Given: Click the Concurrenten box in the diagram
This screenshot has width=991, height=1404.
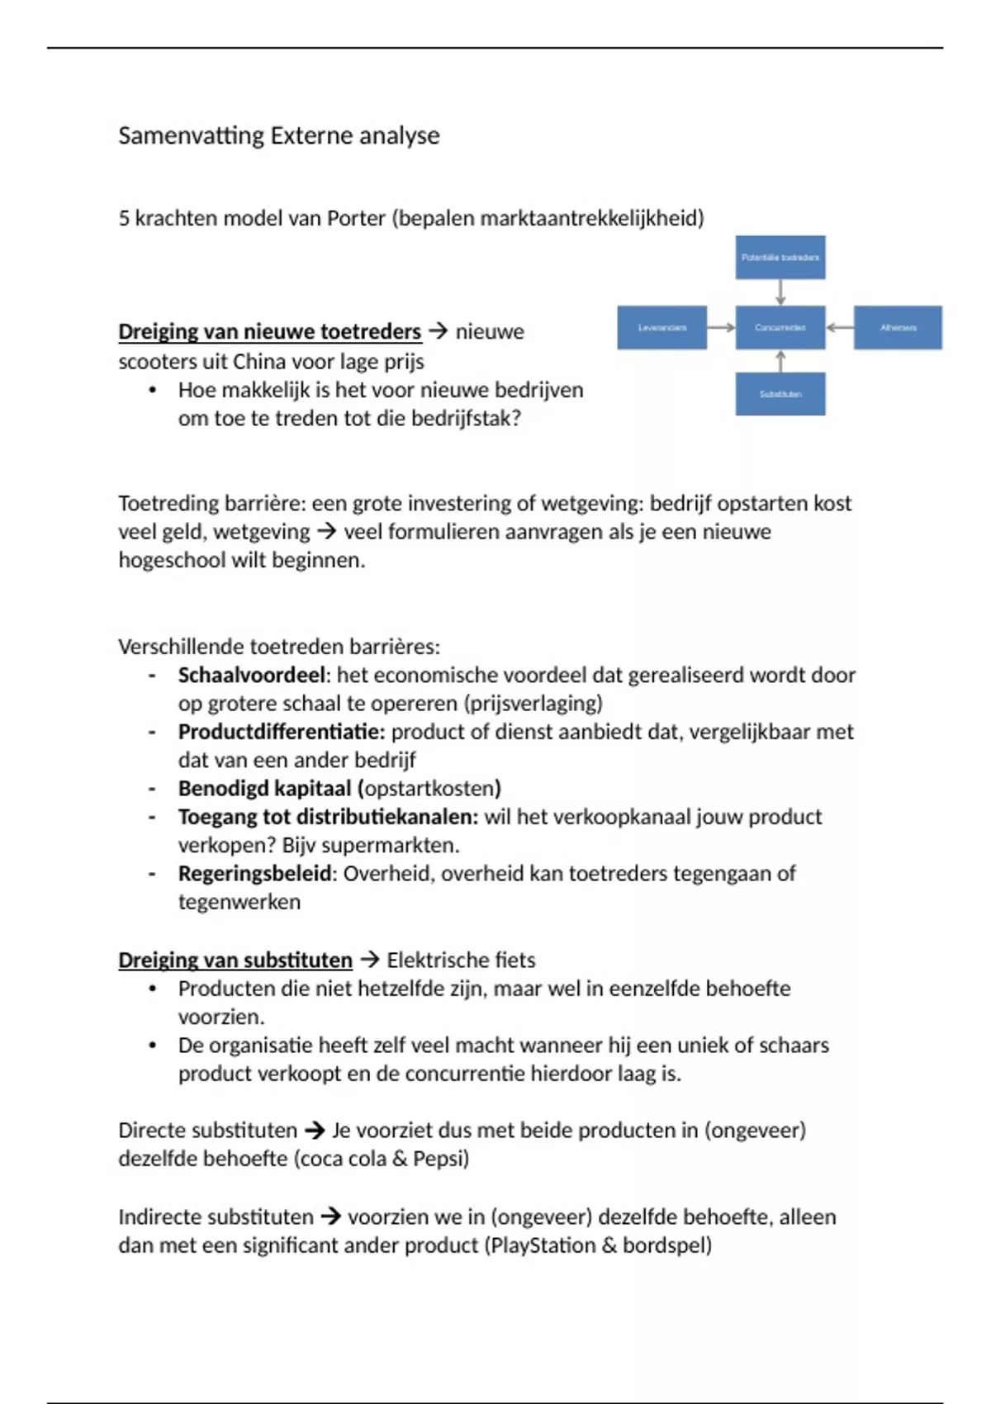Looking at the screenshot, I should point(780,328).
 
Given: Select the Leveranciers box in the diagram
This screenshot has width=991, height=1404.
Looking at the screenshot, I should point(661,328).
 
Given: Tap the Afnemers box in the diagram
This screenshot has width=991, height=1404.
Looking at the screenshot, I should point(898,328).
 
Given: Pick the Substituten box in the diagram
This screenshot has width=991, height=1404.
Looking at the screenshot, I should point(780,394).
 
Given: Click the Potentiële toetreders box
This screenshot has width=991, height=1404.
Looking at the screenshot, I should point(780,258).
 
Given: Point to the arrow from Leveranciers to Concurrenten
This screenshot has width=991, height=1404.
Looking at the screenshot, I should point(721,328).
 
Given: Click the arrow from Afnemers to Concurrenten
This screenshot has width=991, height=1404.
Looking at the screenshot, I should point(839,328).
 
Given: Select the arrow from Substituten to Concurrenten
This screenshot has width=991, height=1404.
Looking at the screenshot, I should point(780,361).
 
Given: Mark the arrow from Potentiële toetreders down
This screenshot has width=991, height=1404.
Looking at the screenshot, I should point(780,292).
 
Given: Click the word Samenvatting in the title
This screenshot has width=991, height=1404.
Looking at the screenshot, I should point(191,135).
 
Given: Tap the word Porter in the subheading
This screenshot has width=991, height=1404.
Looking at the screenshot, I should point(356,218).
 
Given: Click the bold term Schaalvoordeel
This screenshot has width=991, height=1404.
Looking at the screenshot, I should point(251,676).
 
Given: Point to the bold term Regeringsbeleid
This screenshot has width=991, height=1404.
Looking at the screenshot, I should point(255,874).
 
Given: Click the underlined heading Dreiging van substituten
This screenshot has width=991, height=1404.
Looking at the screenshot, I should point(235,961).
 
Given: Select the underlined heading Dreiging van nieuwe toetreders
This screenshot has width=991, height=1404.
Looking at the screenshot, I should point(269,332).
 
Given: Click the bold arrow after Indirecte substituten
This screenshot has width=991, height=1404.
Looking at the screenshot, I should point(330,1217).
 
